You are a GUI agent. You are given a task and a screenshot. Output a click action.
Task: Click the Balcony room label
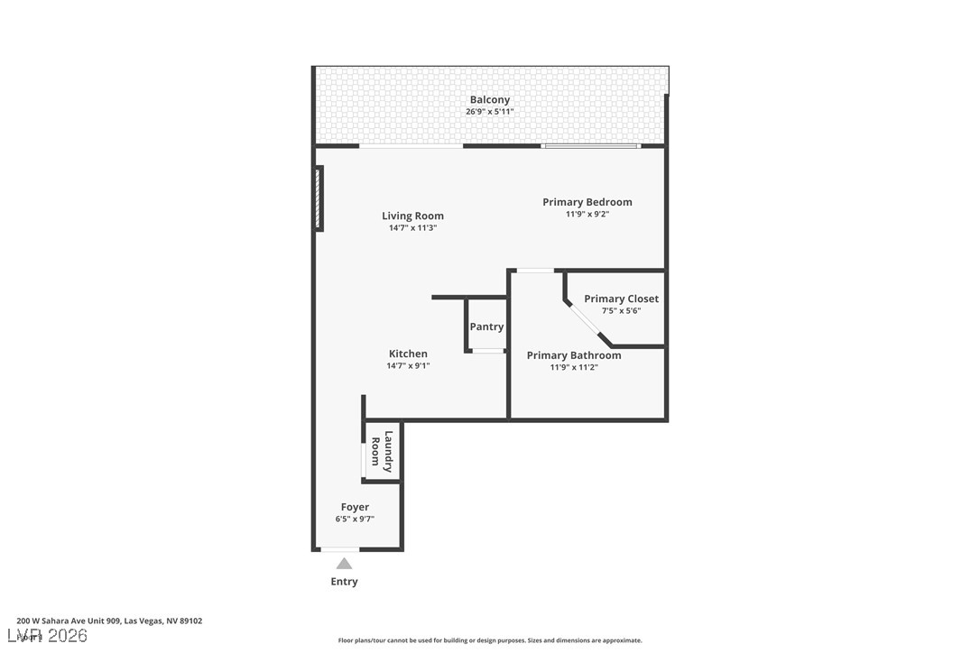489,100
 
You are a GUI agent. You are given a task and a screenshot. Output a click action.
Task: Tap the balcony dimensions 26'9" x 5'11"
489,112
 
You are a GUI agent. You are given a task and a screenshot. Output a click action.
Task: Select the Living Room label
412,216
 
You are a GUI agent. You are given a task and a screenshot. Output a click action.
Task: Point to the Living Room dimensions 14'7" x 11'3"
412,228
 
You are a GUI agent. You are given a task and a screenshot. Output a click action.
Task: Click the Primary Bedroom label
587,202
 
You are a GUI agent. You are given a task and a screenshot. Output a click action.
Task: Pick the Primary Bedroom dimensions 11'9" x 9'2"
587,214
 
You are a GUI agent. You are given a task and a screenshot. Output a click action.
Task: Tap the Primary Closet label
621,299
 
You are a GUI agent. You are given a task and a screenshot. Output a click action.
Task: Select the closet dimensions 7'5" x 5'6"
621,310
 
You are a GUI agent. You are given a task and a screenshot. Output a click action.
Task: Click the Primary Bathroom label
574,355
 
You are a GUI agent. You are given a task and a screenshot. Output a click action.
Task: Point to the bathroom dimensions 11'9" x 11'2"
574,367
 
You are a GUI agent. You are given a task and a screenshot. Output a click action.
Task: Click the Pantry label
486,326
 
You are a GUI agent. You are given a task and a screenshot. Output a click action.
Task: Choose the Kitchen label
408,354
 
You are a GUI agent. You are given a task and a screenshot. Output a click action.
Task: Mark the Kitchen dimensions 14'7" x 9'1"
408,365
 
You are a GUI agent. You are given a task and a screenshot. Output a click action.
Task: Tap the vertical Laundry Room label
382,451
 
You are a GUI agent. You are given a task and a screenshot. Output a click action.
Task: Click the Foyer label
355,507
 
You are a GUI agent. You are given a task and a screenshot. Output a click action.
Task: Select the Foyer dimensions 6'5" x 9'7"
355,519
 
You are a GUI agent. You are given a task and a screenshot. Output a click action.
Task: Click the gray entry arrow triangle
344,564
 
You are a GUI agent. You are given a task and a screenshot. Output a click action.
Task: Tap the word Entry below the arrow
344,582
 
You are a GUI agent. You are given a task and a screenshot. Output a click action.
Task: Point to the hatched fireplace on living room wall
319,198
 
